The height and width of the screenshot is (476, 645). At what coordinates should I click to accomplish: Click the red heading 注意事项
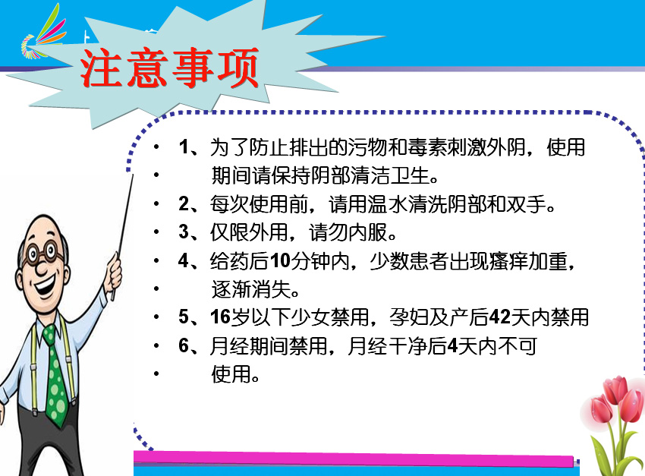pyautogui.click(x=169, y=68)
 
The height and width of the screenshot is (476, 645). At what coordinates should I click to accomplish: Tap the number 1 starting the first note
pyautogui.click(x=184, y=147)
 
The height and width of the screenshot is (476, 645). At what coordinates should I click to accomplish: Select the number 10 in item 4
pyautogui.click(x=281, y=261)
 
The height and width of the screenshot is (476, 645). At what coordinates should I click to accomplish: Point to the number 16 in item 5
pyautogui.click(x=220, y=317)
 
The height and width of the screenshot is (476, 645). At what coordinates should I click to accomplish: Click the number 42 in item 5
pyautogui.click(x=500, y=317)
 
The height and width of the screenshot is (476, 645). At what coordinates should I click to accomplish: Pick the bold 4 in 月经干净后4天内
pyautogui.click(x=452, y=346)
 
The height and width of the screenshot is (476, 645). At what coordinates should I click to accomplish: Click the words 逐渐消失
pyautogui.click(x=251, y=289)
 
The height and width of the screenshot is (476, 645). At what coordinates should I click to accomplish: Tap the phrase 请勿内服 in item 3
pyautogui.click(x=348, y=232)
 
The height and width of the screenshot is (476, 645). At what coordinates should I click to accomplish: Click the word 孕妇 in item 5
pyautogui.click(x=408, y=317)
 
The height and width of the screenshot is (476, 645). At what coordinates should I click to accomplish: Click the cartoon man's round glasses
pyautogui.click(x=41, y=252)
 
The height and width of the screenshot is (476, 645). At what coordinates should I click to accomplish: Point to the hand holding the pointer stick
pyautogui.click(x=112, y=273)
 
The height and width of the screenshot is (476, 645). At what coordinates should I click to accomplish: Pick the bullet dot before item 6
pyautogui.click(x=156, y=346)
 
